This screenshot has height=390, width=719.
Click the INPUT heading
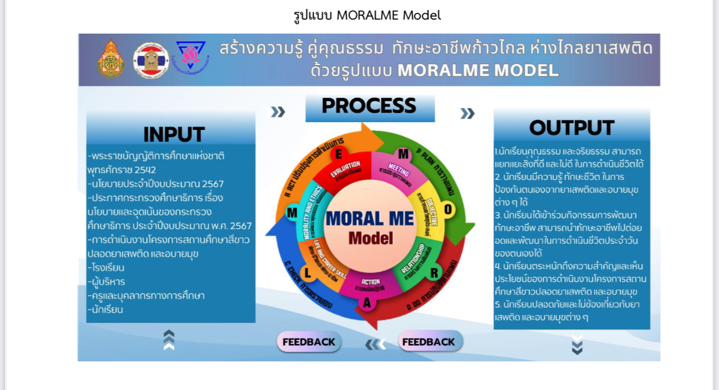[174, 134]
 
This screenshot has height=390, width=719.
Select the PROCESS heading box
[370, 106]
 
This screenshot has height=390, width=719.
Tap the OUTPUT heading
[571, 128]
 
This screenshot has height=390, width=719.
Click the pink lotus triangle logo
[191, 55]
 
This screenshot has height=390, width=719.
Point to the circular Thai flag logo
[151, 60]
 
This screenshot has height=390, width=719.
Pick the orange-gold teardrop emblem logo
[111, 59]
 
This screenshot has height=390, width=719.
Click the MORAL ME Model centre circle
[370, 226]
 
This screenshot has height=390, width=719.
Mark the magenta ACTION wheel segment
[370, 285]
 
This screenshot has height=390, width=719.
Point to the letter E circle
[338, 154]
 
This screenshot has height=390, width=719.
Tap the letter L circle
[306, 273]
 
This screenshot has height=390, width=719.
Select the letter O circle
[449, 210]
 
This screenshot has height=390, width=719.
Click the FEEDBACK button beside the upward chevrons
[309, 342]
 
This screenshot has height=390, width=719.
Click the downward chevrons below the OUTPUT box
[577, 345]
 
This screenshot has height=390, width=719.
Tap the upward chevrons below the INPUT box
[169, 340]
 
